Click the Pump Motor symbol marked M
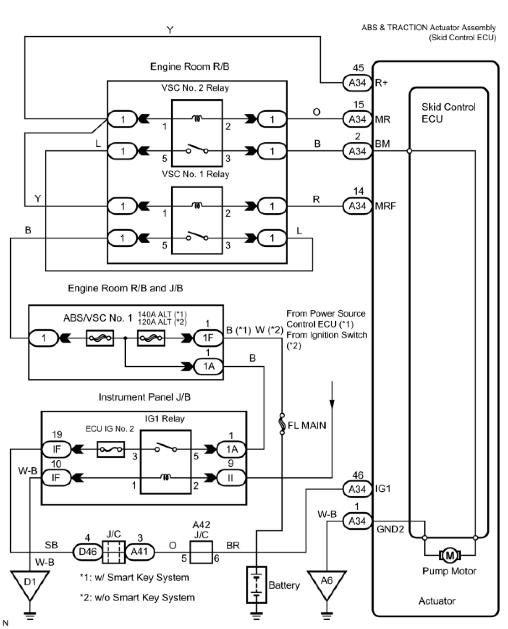tap(450, 556)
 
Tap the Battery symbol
tap(256, 585)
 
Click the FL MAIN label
tap(306, 425)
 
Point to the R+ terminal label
tap(381, 83)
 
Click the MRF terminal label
tap(385, 206)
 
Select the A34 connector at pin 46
tap(357, 489)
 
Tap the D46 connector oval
tap(88, 551)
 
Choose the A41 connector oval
tap(139, 551)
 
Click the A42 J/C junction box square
tap(201, 552)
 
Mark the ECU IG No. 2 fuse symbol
tap(111, 449)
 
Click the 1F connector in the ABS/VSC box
tap(208, 338)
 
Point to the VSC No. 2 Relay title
tap(195, 88)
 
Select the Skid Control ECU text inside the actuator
tap(448, 113)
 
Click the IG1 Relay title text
tap(165, 419)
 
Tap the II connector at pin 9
tap(231, 477)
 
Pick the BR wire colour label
tap(233, 545)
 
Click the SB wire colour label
tap(51, 545)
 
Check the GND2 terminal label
tap(390, 529)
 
